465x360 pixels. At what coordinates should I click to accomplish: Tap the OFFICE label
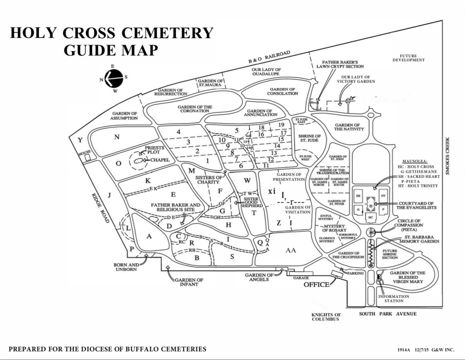tap(316, 285)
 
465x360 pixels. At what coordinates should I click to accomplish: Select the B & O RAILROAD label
tap(269, 57)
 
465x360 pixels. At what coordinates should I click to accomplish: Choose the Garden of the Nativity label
tap(349, 127)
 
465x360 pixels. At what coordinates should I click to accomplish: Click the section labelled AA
tap(291, 250)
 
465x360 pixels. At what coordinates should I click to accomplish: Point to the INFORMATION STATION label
tap(393, 299)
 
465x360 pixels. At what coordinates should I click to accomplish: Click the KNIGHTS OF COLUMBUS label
tap(326, 317)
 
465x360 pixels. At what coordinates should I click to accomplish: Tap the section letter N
tap(117, 137)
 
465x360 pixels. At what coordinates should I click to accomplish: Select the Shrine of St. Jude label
tap(310, 138)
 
